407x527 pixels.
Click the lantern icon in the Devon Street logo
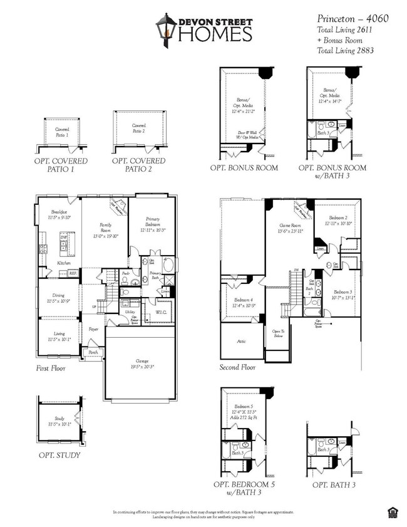point(167,29)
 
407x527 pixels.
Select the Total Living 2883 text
point(345,50)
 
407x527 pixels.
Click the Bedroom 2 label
point(338,220)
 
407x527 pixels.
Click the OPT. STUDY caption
point(59,455)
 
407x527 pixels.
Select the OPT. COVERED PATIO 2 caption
point(138,165)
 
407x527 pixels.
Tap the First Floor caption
point(51,368)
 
